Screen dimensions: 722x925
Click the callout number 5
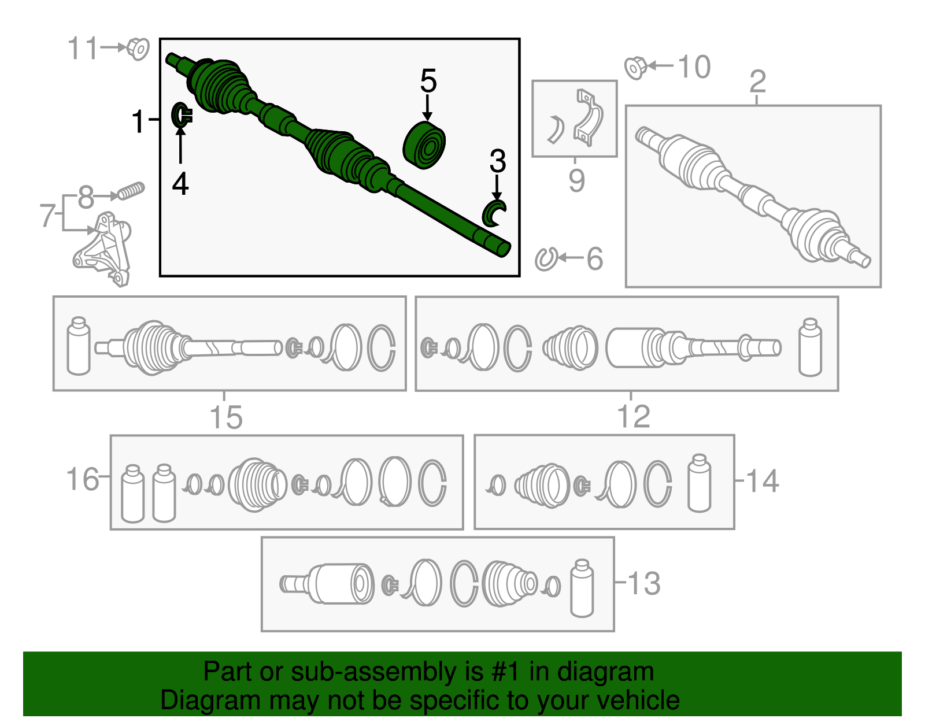(428, 81)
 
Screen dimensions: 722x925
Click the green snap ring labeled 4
(181, 116)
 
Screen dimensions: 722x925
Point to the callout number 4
(180, 184)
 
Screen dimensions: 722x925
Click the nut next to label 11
(138, 49)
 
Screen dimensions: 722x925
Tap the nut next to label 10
(635, 68)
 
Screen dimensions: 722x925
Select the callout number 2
(757, 82)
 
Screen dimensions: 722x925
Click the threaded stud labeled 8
(131, 191)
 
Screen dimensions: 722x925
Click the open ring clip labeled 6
(545, 259)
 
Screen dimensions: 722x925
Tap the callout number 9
(576, 180)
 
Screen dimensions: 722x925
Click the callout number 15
(225, 417)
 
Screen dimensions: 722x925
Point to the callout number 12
(634, 416)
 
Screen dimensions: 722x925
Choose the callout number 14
(763, 481)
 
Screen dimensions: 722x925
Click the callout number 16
(82, 479)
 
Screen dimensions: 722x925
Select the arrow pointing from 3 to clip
(497, 187)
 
